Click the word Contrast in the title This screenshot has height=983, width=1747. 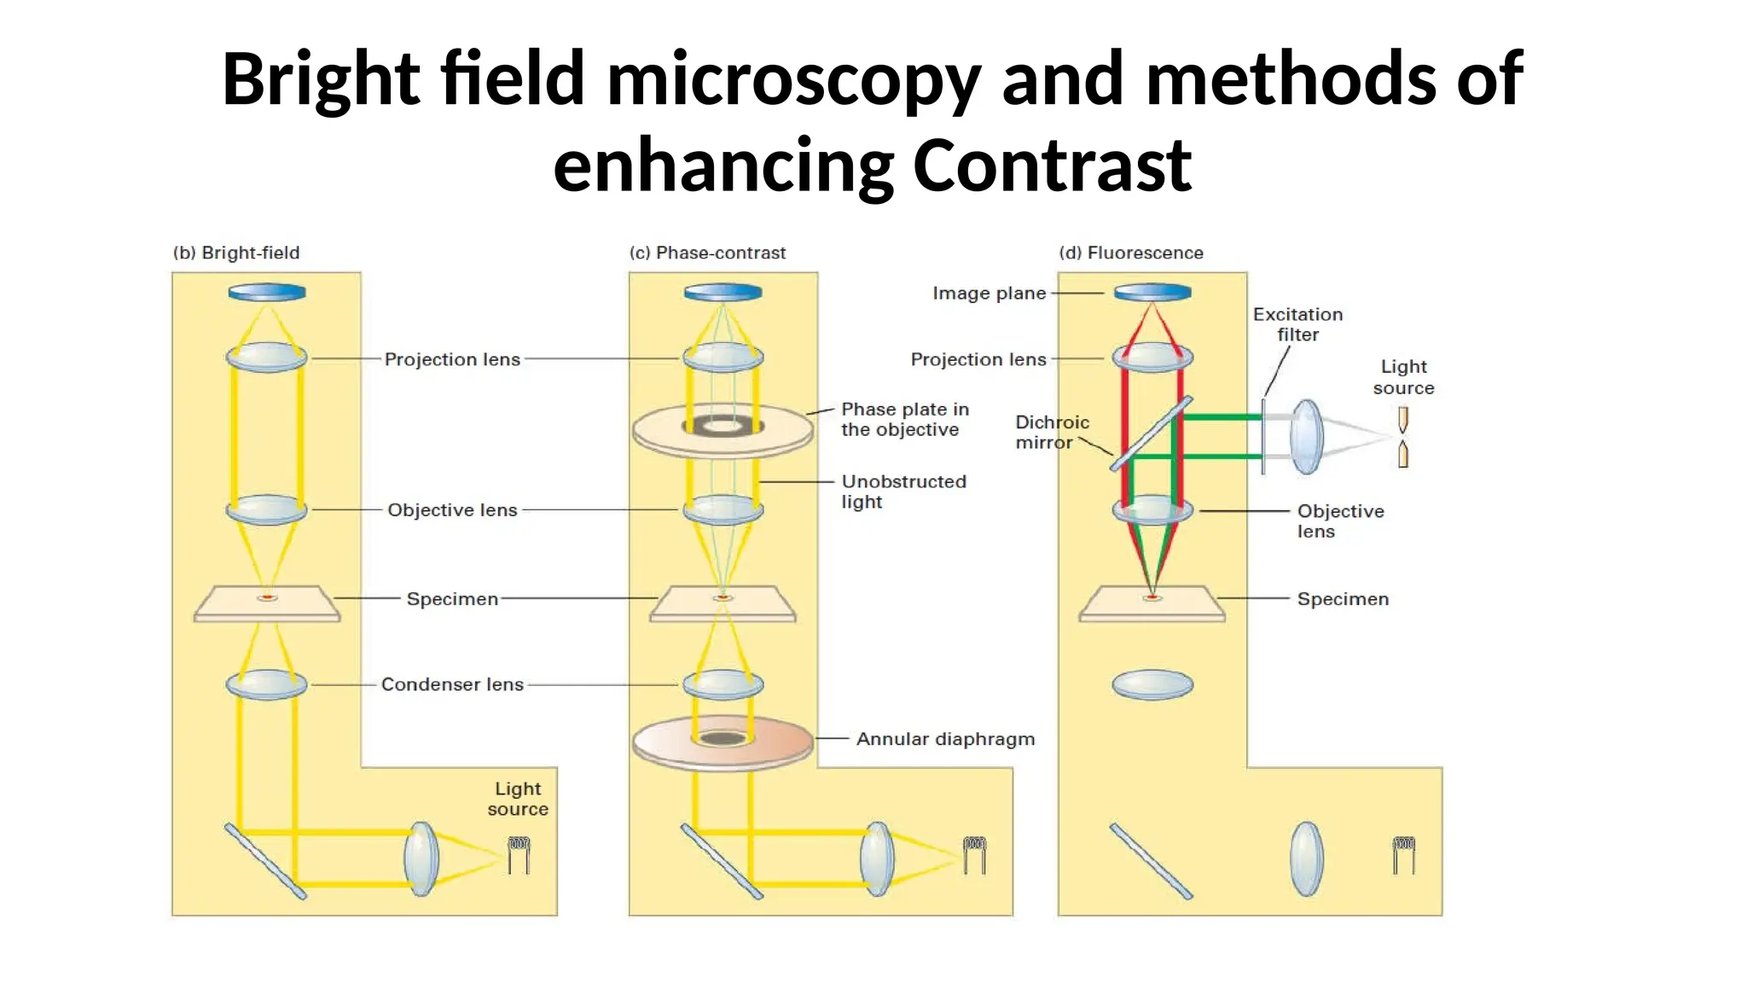point(1051,165)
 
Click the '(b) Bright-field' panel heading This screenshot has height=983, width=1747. point(236,253)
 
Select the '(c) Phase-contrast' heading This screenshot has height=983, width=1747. point(707,253)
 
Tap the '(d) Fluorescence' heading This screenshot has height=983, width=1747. point(1131,253)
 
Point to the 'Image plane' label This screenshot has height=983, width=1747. point(989,293)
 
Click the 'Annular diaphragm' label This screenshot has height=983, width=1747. point(945,739)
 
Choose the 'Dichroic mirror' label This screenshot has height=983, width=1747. point(1051,433)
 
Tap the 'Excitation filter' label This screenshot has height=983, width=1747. point(1297,324)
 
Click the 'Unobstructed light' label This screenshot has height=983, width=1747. point(903,491)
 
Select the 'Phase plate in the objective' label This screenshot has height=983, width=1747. point(904,419)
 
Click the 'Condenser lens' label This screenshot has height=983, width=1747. point(452,684)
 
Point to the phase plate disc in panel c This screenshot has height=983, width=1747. point(723,431)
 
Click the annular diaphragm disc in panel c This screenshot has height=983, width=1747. point(723,742)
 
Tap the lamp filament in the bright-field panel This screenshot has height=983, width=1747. point(519,854)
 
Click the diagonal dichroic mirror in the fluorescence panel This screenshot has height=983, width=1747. point(1151,434)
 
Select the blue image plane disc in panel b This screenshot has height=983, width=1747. point(267,293)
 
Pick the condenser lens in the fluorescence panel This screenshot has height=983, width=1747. point(1152,684)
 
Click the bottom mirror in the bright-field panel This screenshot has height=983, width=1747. point(265,860)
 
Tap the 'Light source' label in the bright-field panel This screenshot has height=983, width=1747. point(518,799)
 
